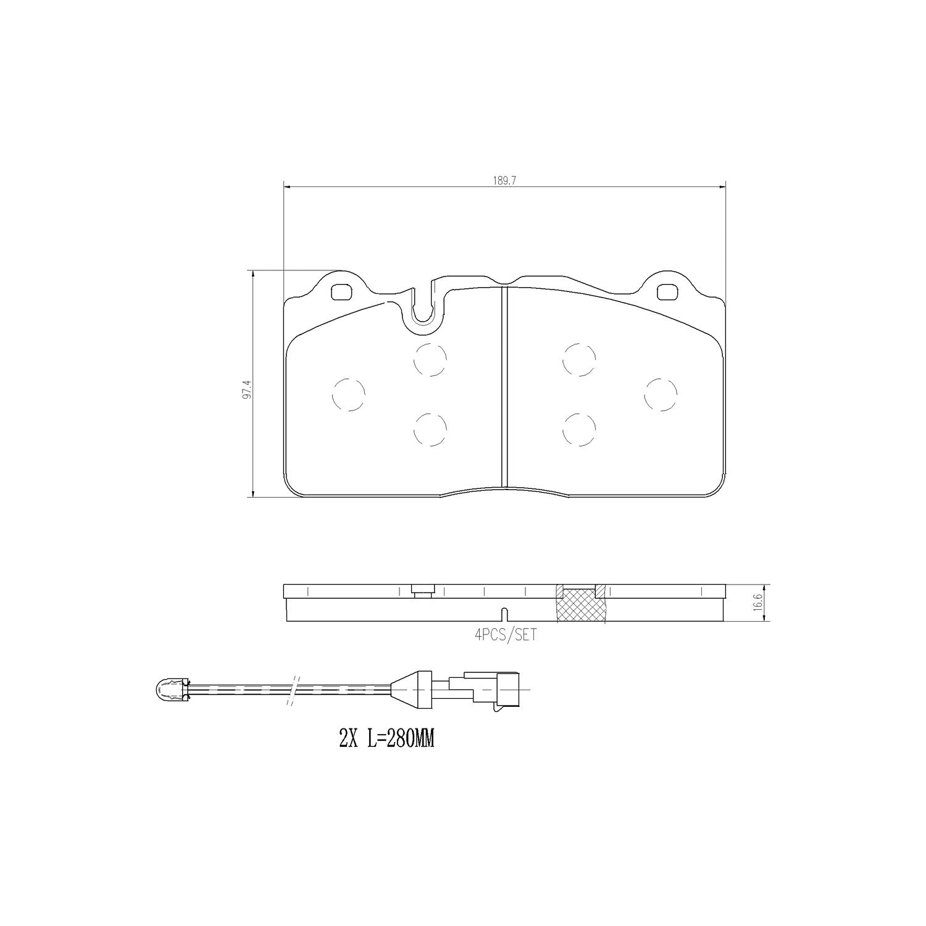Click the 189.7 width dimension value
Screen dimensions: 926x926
(x=504, y=180)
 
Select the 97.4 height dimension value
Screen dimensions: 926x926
(x=247, y=390)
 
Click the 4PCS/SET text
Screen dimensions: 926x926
(x=497, y=635)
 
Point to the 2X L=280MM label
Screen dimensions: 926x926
(x=386, y=739)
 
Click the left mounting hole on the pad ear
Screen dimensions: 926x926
(x=341, y=291)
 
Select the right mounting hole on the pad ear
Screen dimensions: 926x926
(x=666, y=291)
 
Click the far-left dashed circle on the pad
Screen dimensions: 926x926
(x=348, y=394)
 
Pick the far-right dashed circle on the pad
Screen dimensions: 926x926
(x=661, y=394)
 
